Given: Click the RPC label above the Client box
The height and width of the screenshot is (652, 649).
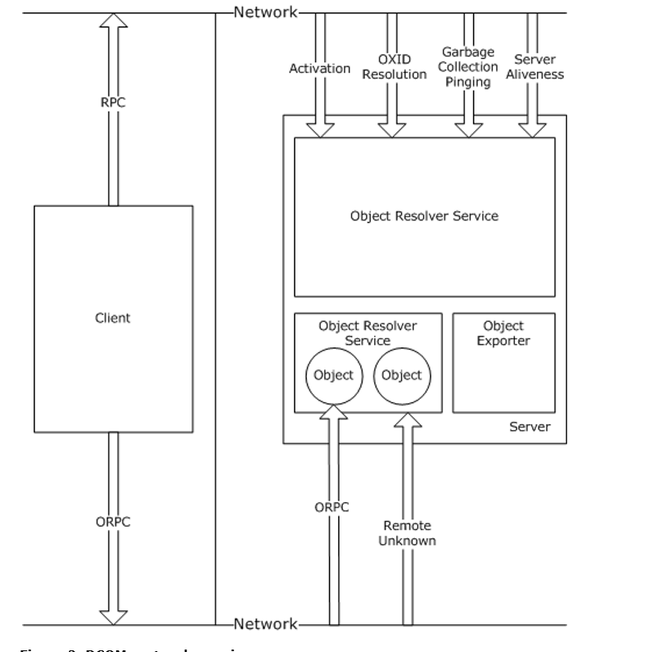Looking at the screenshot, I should [113, 104].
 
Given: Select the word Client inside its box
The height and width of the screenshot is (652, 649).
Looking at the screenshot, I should [113, 318].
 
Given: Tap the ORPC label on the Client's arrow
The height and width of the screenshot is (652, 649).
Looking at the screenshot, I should [113, 521].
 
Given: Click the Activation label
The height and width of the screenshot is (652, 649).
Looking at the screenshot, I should [320, 69].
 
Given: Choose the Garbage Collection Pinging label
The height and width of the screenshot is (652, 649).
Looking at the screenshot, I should [468, 67].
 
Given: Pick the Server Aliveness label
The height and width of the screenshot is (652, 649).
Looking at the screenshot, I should [535, 67].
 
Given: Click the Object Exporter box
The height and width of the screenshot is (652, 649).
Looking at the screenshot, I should [503, 363].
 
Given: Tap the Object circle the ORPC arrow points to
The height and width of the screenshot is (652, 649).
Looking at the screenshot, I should [333, 376].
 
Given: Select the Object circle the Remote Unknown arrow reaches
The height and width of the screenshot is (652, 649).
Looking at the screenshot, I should [402, 376].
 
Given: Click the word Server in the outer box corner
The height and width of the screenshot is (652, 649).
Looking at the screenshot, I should [530, 428].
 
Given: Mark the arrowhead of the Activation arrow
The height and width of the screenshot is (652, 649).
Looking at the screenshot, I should [320, 129].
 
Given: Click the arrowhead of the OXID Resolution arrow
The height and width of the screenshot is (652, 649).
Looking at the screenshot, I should [393, 129].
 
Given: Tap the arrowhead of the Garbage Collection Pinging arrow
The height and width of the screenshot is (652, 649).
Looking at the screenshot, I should [468, 129].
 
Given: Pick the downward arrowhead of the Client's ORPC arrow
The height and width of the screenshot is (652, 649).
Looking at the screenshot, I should [113, 616].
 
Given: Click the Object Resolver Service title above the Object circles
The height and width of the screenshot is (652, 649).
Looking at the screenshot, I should [367, 333].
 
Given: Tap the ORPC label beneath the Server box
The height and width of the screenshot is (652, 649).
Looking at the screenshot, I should [331, 508].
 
